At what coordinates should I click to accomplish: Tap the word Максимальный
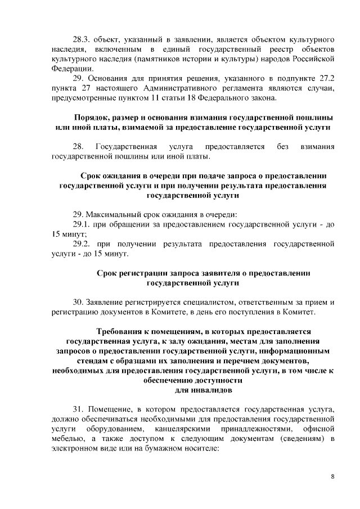[x=116, y=214]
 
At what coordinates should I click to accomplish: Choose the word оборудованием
[x=109, y=429]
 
